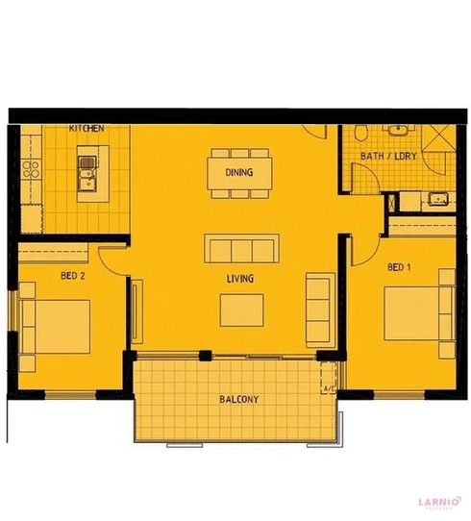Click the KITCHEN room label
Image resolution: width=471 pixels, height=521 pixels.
(87, 129)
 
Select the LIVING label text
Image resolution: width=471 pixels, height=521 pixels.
(239, 280)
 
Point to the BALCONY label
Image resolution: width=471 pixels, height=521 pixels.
(237, 399)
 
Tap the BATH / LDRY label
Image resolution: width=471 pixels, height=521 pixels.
(383, 156)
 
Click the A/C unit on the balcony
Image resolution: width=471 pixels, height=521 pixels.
(329, 388)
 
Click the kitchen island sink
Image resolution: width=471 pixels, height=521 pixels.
(90, 174)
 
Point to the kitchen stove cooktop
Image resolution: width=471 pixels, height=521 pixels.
(28, 169)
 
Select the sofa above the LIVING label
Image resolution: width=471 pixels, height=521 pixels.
(239, 248)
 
